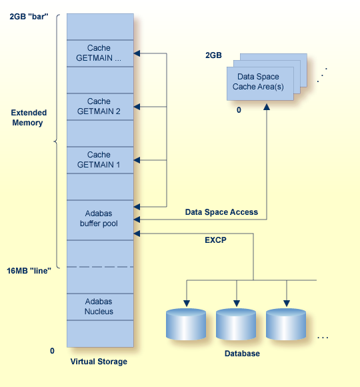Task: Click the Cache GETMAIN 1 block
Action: (x=99, y=159)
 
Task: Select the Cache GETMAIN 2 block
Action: (x=99, y=106)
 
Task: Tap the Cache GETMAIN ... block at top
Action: (x=99, y=53)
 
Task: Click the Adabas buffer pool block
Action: (x=99, y=219)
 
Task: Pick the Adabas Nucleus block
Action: (x=99, y=306)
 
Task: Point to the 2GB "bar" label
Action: (x=29, y=15)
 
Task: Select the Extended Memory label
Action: (x=27, y=117)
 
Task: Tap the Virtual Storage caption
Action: (x=99, y=362)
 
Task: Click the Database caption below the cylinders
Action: (x=242, y=354)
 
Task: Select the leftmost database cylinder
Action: (x=186, y=324)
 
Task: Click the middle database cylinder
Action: (x=236, y=324)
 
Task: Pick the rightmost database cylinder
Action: (x=286, y=324)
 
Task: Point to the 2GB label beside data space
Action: (x=213, y=55)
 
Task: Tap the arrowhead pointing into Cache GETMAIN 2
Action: (x=137, y=106)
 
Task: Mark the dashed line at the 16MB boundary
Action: (x=100, y=267)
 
